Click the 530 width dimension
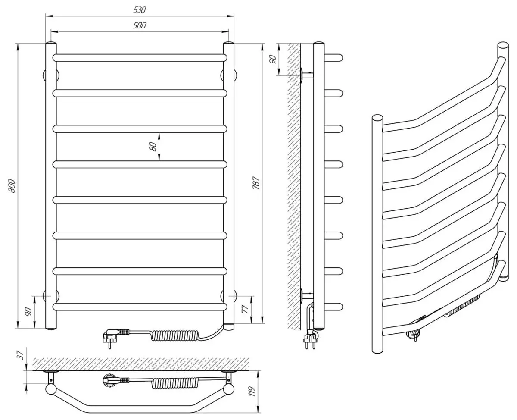point(140,10)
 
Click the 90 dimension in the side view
point(273,59)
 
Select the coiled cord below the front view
point(175,335)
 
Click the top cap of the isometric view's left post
point(377,118)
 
